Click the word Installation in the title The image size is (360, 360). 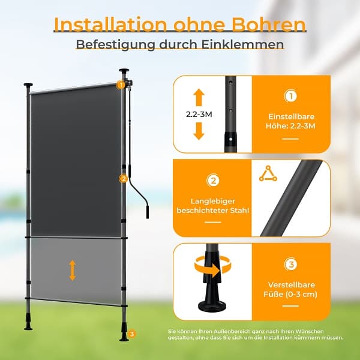[x=110, y=24]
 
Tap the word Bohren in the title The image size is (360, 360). [x=269, y=24]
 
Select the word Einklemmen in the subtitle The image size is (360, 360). [x=242, y=44]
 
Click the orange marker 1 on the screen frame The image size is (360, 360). [x=121, y=85]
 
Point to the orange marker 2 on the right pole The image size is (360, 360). [x=123, y=179]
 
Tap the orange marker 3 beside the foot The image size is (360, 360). [x=131, y=334]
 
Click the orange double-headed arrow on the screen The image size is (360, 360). [x=73, y=270]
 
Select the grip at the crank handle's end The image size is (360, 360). [x=147, y=212]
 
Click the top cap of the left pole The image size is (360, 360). [x=28, y=85]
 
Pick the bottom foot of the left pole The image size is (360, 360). [x=28, y=324]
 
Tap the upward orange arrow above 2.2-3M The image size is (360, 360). [x=199, y=97]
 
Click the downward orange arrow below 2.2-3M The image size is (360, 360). [x=199, y=131]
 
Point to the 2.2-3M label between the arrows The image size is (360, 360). [x=199, y=115]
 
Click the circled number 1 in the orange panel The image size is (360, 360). [x=290, y=96]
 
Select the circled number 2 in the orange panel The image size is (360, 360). [x=213, y=181]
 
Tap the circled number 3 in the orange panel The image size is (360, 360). [x=290, y=264]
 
